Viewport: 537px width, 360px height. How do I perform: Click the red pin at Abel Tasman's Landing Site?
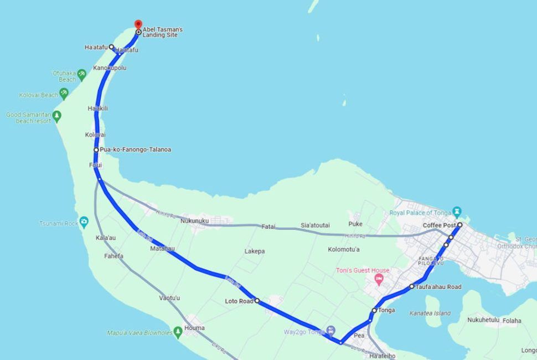click(138, 24)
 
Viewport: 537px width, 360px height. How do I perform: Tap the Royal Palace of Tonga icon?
click(456, 212)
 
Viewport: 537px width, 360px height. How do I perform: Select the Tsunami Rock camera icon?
click(84, 222)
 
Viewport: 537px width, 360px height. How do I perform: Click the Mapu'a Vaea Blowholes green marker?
click(178, 332)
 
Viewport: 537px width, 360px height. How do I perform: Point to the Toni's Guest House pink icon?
click(379, 279)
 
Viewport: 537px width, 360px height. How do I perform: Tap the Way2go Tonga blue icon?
click(331, 331)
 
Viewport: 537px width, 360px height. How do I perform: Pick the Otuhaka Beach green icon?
click(82, 74)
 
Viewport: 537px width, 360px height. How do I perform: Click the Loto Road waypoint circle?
click(257, 301)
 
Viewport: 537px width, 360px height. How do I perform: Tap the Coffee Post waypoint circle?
click(459, 225)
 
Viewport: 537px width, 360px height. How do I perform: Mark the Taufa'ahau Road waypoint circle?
click(411, 286)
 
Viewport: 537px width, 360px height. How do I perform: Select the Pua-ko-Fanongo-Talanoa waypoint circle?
click(96, 150)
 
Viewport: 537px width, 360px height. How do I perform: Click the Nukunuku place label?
click(194, 221)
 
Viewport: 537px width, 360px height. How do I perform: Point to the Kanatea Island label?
click(430, 313)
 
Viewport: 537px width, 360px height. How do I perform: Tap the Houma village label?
click(194, 328)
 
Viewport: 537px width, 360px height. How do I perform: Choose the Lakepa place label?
click(255, 251)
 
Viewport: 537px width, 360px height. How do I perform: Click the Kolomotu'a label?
click(344, 249)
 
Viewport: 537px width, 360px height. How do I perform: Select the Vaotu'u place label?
click(169, 298)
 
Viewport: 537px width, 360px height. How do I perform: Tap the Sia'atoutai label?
click(315, 225)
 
